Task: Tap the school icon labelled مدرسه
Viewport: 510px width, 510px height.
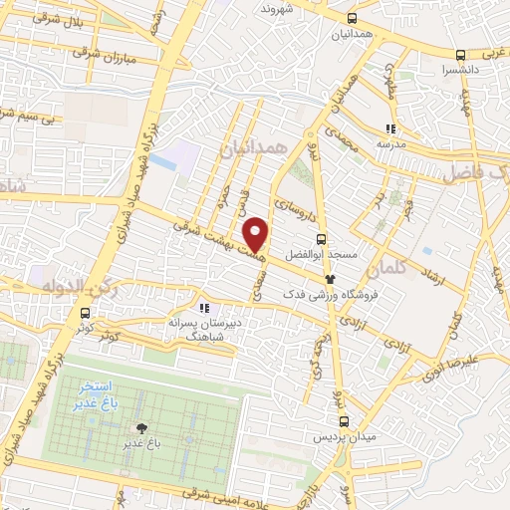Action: click(x=391, y=128)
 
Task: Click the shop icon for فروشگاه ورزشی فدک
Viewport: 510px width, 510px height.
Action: click(x=330, y=280)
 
